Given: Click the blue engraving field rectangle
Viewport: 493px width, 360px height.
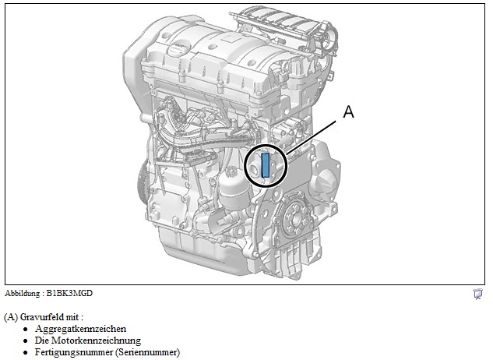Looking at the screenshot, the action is pyautogui.click(x=266, y=165).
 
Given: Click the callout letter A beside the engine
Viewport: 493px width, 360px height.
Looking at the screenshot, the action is pyautogui.click(x=348, y=111).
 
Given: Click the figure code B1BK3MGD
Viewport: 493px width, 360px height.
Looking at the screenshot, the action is pyautogui.click(x=69, y=293).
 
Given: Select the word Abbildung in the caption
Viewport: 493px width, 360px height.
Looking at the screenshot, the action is pyautogui.click(x=22, y=293).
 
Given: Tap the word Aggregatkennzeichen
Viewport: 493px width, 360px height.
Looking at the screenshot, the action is pyautogui.click(x=80, y=329).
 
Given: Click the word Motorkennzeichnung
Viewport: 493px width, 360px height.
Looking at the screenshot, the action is pyautogui.click(x=96, y=341).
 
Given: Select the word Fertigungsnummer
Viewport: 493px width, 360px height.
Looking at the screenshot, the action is pyautogui.click(x=74, y=352).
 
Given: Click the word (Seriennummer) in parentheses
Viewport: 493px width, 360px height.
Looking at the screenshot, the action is pyautogui.click(x=148, y=352).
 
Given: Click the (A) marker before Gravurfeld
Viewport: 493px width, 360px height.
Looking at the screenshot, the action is pyautogui.click(x=10, y=317).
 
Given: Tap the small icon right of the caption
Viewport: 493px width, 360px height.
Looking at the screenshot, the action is pyautogui.click(x=478, y=295).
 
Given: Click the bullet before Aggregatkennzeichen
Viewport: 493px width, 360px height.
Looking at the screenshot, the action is pyautogui.click(x=26, y=330).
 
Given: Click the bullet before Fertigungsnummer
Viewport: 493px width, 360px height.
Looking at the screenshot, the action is pyautogui.click(x=26, y=353).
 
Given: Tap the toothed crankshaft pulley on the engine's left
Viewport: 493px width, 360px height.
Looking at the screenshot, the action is pyautogui.click(x=143, y=182).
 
